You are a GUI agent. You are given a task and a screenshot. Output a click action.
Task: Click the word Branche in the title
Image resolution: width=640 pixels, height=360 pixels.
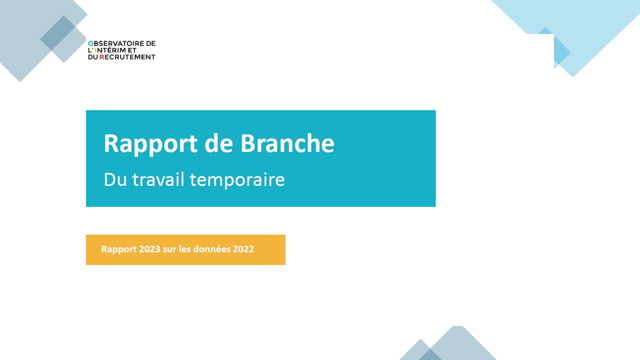[287, 143]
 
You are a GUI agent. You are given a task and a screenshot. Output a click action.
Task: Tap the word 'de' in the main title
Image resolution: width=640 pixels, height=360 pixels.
[219, 143]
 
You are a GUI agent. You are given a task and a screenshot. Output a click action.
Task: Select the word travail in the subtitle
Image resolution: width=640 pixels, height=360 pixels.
[158, 179]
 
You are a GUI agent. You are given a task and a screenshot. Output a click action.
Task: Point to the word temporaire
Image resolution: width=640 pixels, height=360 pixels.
[237, 180]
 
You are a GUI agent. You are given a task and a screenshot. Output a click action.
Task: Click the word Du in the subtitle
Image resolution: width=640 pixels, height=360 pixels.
[115, 179]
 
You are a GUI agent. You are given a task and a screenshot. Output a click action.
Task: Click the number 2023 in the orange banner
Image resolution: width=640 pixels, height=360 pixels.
[149, 249]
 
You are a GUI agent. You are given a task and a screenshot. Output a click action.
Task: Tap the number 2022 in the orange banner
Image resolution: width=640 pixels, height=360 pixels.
[243, 249]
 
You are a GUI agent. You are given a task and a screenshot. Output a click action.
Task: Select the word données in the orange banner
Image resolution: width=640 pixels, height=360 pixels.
[211, 249]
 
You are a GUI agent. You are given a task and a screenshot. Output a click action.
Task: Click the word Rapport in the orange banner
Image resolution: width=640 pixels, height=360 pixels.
[119, 249]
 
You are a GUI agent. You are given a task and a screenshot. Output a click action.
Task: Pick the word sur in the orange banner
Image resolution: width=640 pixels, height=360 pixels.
[169, 249]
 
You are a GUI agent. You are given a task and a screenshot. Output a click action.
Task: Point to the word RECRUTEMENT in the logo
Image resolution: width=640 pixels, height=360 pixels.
[127, 57]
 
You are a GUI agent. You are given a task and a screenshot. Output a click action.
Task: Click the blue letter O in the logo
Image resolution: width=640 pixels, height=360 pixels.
[90, 43]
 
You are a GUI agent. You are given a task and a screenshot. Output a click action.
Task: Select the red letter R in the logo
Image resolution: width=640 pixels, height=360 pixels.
[101, 57]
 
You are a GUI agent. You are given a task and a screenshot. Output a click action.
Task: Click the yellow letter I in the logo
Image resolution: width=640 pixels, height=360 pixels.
[95, 50]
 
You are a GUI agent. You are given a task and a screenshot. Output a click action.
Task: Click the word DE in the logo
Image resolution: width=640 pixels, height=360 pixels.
[151, 43]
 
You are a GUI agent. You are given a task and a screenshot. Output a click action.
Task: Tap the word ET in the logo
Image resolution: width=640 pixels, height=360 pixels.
[132, 50]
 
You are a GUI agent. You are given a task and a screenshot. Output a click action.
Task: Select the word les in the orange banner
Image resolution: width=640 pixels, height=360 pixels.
[184, 249]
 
